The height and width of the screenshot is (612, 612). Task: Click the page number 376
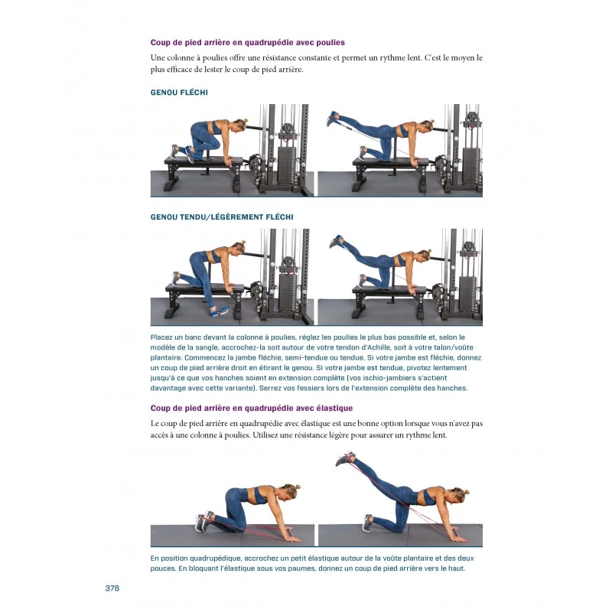pyautogui.click(x=112, y=588)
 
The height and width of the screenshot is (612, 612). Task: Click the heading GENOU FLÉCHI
pyautogui.click(x=179, y=93)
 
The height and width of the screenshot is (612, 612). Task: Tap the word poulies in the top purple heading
pyautogui.click(x=330, y=43)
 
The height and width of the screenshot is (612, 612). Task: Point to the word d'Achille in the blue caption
pyautogui.click(x=375, y=347)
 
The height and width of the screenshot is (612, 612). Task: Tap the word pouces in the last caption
pyautogui.click(x=162, y=568)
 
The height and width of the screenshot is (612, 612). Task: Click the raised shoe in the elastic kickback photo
pyautogui.click(x=345, y=458)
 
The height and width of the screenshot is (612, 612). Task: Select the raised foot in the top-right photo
pyautogui.click(x=333, y=119)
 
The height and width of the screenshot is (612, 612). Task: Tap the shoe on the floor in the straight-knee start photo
pyautogui.click(x=220, y=311)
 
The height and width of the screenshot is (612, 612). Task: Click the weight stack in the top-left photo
pyautogui.click(x=287, y=164)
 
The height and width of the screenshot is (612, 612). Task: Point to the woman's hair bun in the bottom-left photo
pyautogui.click(x=296, y=487)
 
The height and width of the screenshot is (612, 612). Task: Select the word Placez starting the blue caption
pyautogui.click(x=161, y=337)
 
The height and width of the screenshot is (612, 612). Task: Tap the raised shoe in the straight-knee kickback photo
pyautogui.click(x=337, y=241)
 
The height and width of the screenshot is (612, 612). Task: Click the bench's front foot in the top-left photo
pyautogui.click(x=171, y=185)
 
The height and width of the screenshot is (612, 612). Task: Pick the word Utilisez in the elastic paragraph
pyautogui.click(x=266, y=435)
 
